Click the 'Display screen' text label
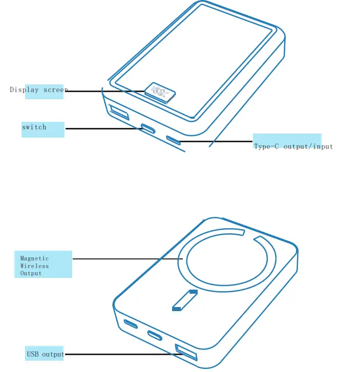38,90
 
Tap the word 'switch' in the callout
34,127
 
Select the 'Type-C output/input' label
293,146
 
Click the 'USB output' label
45,354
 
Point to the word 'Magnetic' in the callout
34,258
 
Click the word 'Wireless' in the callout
34,266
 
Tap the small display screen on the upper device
159,93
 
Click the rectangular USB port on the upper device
119,111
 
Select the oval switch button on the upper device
148,128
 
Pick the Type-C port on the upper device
173,140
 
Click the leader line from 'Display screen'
105,92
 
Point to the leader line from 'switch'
102,128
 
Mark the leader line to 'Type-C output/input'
215,141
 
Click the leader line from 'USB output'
120,354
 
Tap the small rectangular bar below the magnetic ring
184,300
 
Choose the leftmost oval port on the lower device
131,323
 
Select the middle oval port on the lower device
155,335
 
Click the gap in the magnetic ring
250,234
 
